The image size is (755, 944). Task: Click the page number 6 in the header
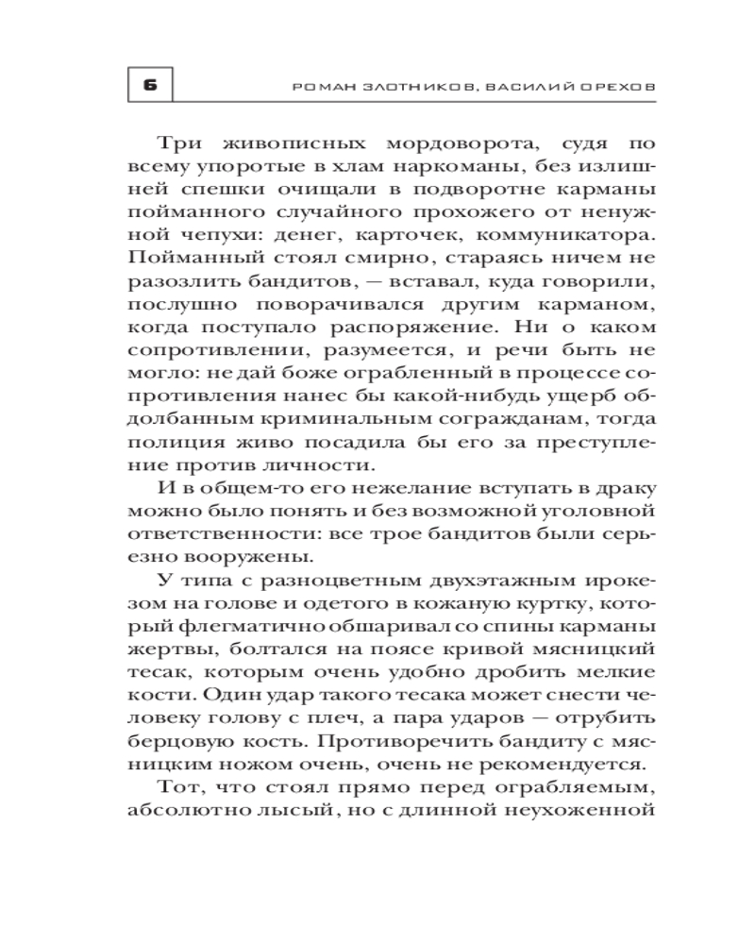pyautogui.click(x=149, y=85)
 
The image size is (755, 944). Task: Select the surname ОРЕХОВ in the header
pyautogui.click(x=615, y=86)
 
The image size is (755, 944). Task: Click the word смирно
pyautogui.click(x=374, y=257)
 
